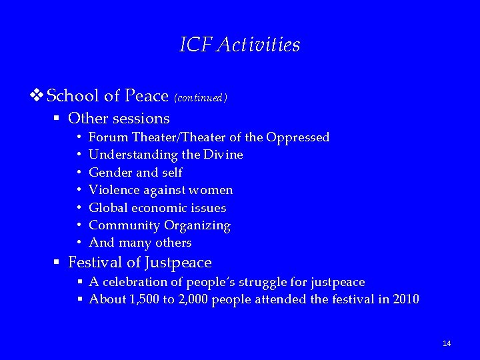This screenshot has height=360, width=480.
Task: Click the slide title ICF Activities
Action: click(240, 45)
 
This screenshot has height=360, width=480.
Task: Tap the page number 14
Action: click(447, 343)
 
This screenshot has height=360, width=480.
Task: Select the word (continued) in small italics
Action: click(201, 98)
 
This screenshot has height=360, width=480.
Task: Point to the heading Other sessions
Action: click(119, 119)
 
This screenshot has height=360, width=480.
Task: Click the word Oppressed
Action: click(297, 137)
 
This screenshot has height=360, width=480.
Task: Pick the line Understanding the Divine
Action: click(165, 155)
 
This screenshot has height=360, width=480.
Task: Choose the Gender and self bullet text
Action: click(135, 172)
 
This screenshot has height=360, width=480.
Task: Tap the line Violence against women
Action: click(161, 190)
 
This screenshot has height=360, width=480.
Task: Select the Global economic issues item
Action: click(157, 207)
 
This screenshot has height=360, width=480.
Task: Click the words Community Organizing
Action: click(159, 225)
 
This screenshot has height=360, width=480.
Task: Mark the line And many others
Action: click(140, 243)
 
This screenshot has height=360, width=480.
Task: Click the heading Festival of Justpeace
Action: click(139, 263)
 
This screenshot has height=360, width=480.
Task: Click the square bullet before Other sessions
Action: click(58, 119)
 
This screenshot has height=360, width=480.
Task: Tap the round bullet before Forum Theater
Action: click(79, 137)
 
